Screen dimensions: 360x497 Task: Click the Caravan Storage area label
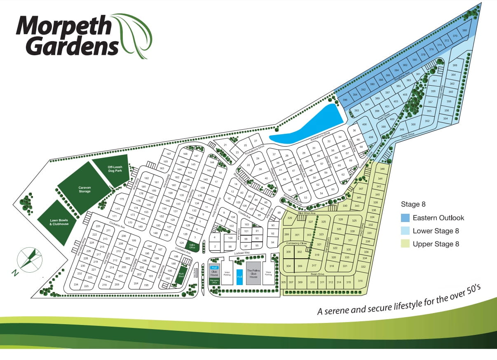(84, 189)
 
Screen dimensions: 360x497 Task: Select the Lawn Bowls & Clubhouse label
(59, 222)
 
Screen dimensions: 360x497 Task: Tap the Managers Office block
(214, 281)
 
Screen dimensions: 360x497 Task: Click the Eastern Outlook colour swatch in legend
(405, 218)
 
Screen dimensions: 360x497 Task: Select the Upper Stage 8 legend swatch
(405, 244)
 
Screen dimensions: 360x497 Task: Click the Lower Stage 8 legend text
(436, 231)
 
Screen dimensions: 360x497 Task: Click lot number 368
(464, 30)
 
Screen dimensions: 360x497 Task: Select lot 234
(76, 285)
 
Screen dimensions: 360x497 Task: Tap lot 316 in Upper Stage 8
(360, 281)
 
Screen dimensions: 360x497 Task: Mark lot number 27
(256, 141)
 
